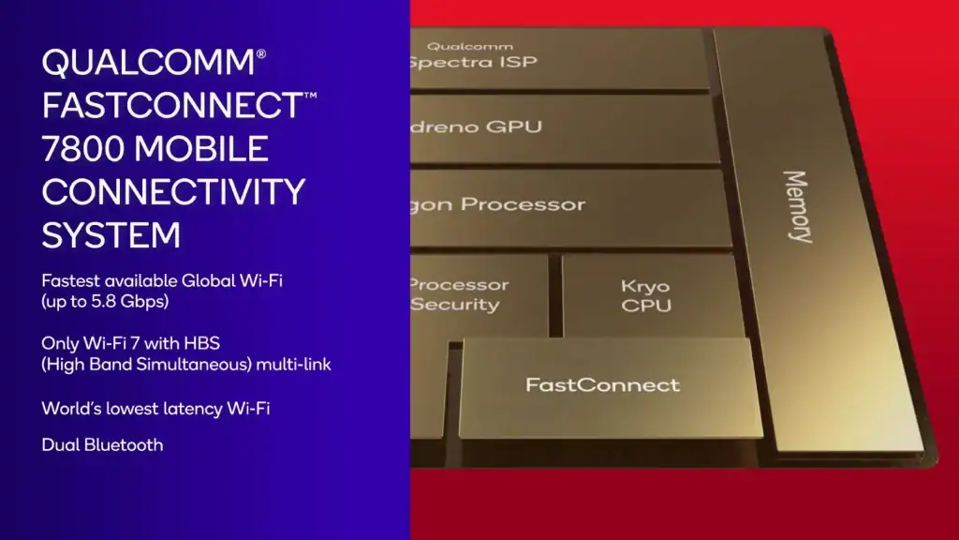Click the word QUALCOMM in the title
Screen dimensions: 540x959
pyautogui.click(x=147, y=64)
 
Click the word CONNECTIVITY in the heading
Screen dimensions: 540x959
pyautogui.click(x=173, y=191)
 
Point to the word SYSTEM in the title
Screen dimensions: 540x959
pyautogui.click(x=111, y=233)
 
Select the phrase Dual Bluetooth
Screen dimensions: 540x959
pyautogui.click(x=102, y=444)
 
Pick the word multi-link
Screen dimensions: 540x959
pyautogui.click(x=294, y=365)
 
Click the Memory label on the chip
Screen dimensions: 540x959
pyautogui.click(x=797, y=206)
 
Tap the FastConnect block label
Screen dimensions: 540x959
pyautogui.click(x=602, y=384)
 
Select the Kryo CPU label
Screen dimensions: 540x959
pyautogui.click(x=646, y=295)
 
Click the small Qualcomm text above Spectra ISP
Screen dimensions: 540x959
pyautogui.click(x=459, y=45)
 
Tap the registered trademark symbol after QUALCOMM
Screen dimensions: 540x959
pyautogui.click(x=260, y=52)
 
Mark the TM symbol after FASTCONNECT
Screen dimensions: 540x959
pyautogui.click(x=310, y=96)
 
